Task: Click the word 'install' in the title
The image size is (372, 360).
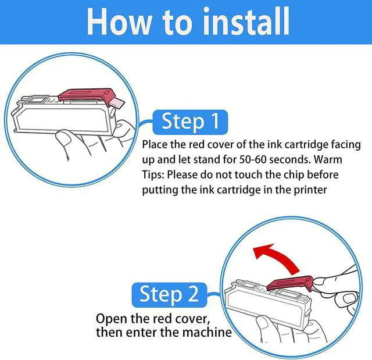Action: [x=246, y=22]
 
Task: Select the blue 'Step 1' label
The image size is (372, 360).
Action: [x=190, y=122]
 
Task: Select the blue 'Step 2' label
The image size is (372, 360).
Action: [x=169, y=295]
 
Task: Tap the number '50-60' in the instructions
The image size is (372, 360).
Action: [x=252, y=159]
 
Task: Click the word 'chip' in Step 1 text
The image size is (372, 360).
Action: [x=294, y=175]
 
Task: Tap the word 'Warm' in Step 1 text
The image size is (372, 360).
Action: [x=328, y=159]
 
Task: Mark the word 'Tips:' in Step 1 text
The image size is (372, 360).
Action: [x=153, y=175]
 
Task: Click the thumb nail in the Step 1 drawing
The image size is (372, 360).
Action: [x=63, y=140]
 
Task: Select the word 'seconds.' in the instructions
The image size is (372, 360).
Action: [x=289, y=159]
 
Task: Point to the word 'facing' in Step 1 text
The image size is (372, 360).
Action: [x=346, y=144]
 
